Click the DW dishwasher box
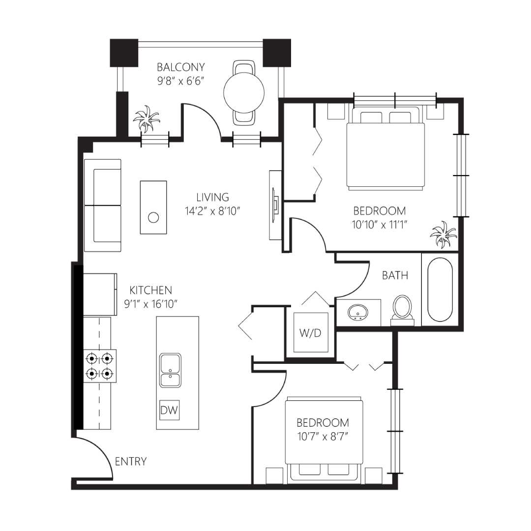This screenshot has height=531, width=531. (x=169, y=411)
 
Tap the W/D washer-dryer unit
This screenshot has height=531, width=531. (x=311, y=332)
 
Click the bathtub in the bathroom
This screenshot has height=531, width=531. (x=440, y=290)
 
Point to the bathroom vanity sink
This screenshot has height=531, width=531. (x=358, y=312)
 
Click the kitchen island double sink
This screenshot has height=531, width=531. (x=170, y=370)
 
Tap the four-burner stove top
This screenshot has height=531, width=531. (x=100, y=366)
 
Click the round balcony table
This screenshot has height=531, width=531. (x=244, y=92)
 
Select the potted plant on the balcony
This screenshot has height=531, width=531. (x=147, y=119)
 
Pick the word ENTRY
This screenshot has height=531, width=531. (x=131, y=461)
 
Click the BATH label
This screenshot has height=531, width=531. (x=395, y=275)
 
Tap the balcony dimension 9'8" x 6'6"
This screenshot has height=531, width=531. (x=181, y=81)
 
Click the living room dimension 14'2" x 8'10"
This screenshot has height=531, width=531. (x=212, y=211)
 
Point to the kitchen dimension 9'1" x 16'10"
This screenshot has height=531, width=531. (x=151, y=304)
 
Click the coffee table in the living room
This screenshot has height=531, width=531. (x=153, y=207)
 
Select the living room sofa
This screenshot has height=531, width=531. (x=102, y=205)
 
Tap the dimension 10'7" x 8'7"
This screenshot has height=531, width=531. (x=323, y=437)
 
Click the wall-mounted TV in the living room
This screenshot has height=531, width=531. (x=276, y=205)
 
